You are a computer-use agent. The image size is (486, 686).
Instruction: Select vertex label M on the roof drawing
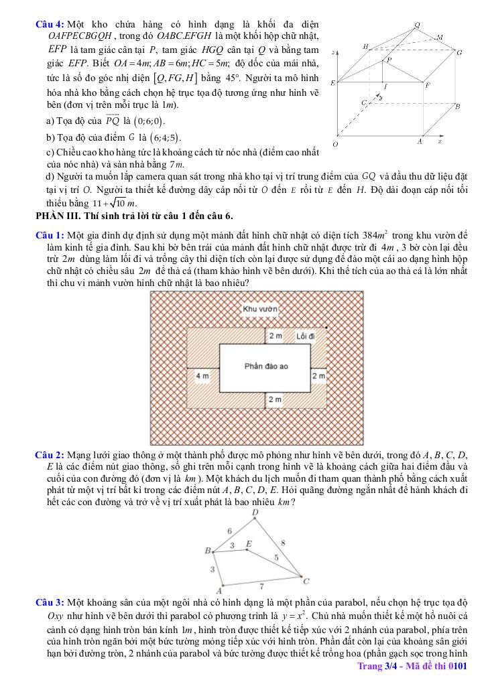pos(439,38)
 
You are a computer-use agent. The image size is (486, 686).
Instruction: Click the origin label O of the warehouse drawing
pos(335,144)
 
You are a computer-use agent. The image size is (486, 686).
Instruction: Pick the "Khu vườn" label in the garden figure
pos(260,310)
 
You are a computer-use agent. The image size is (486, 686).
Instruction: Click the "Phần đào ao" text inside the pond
pos(266,366)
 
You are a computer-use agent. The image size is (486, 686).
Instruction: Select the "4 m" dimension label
pos(202,376)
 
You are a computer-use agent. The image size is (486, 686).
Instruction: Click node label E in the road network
pos(249,544)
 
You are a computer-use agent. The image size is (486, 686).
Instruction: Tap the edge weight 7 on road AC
pos(261,586)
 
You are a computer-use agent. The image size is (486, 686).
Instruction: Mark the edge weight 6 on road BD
pos(229,530)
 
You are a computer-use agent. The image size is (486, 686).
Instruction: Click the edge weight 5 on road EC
pos(276,557)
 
